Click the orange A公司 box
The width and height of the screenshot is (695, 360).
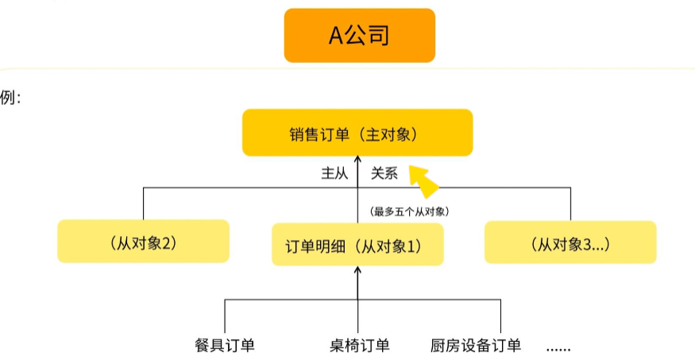coord(360,36)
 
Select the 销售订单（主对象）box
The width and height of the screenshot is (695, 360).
coord(357,133)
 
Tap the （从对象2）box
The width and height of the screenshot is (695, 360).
coord(143,241)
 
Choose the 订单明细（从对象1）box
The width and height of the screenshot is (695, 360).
coord(357,244)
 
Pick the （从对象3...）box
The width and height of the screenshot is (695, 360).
coord(570,242)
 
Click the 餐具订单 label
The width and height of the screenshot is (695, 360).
coord(225,345)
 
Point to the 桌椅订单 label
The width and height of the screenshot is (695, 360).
coord(360,345)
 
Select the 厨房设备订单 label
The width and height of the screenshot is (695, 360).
coord(476,345)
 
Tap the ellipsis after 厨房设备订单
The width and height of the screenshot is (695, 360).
coord(558,348)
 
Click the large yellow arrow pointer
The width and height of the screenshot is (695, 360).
coord(423,181)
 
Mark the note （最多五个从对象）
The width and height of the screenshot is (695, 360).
coord(409,211)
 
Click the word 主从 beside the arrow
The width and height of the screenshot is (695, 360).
coord(334,173)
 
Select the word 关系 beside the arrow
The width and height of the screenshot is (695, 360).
coord(384,173)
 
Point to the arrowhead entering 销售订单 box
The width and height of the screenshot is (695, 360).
coord(357,159)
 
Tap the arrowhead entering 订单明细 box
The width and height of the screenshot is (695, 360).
coord(357,269)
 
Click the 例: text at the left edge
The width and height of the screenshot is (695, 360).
coord(10,98)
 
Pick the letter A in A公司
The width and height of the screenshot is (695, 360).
coord(335,36)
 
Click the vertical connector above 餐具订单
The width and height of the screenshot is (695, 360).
coord(225,316)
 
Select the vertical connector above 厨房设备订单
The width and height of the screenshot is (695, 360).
coord(501,316)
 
